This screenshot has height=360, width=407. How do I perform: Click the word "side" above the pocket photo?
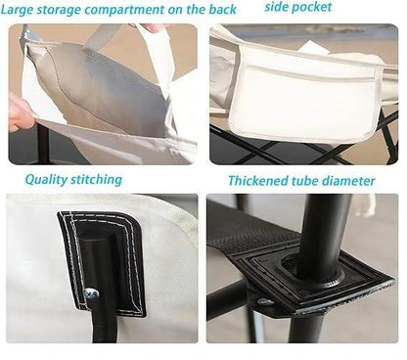point(280,7)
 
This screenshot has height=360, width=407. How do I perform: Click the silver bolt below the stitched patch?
point(91,292)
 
